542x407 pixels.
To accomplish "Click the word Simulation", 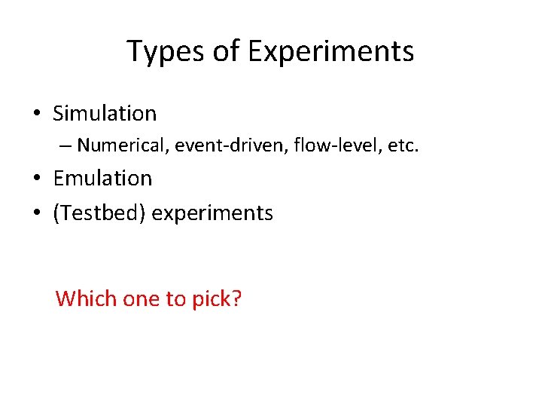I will [x=105, y=114].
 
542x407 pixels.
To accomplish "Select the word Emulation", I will [x=102, y=179].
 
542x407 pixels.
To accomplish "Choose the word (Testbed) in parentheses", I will [x=99, y=213].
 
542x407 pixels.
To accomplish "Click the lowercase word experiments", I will [x=212, y=214].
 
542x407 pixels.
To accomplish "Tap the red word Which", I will [x=82, y=298].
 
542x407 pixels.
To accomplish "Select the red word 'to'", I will [x=175, y=299].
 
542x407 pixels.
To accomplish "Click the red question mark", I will [x=237, y=298].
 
